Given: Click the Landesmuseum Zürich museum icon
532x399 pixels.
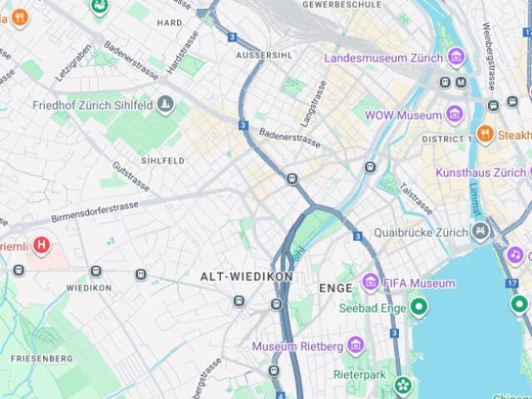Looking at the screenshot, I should [456, 58].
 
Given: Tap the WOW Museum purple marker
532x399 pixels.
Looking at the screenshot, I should [454, 115].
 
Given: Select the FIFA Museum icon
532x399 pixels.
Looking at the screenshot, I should [371, 283].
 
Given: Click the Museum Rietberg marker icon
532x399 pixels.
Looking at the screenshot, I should [356, 345].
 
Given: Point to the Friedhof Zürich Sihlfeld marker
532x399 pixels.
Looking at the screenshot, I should [166, 105].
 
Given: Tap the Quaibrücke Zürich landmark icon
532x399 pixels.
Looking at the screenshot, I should [480, 232].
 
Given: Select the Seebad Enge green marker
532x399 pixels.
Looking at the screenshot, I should [420, 308].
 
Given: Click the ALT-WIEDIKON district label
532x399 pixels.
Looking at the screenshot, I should [246, 276].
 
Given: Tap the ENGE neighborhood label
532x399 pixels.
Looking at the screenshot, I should [336, 288].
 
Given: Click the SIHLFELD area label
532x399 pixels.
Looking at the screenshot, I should [163, 160].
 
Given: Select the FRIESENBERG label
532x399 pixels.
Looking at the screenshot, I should [42, 358].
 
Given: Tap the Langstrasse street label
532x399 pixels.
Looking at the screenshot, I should [313, 104].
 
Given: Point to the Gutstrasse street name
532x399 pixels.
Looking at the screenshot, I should [131, 177].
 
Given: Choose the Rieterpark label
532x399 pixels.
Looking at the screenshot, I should [359, 375].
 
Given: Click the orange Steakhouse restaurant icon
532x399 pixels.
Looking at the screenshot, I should [485, 134].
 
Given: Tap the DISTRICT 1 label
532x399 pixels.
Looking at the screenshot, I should [447, 138].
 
